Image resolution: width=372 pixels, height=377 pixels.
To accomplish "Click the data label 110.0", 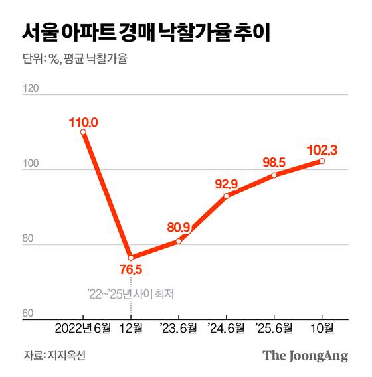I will coord(84,122).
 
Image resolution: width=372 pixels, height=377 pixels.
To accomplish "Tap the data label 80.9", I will coord(179,227).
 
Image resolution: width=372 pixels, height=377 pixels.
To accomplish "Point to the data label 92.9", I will coord(227,183).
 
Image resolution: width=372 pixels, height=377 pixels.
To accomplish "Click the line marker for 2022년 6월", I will coord(83,133).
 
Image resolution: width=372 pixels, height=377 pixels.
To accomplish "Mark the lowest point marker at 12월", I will coord(131,258).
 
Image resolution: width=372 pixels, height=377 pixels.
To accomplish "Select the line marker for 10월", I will coord(322,161).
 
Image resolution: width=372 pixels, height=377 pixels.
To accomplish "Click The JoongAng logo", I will coord(305,356).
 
